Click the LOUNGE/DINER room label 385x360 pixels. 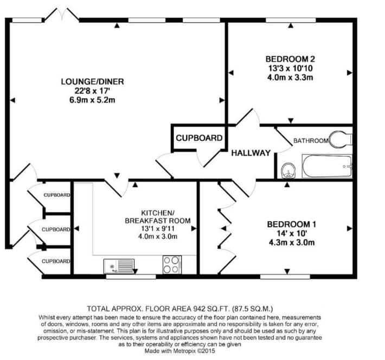click(x=92, y=81)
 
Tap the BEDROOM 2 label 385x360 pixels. click(x=290, y=59)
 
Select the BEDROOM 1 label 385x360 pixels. click(x=292, y=224)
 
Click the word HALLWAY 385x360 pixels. click(x=251, y=153)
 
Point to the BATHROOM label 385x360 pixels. click(x=311, y=141)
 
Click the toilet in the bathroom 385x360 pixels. click(x=341, y=139)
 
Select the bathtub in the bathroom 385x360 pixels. click(x=327, y=166)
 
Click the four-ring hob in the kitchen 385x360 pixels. click(x=172, y=265)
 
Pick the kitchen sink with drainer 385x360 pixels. click(x=119, y=266)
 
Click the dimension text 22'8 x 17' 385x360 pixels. click(x=92, y=91)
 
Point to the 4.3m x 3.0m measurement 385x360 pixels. click(x=292, y=242)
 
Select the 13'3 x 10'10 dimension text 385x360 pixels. click(x=290, y=68)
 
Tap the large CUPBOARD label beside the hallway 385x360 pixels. click(x=199, y=138)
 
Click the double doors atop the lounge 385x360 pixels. click(x=62, y=14)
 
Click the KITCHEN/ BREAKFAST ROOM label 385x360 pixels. click(x=158, y=216)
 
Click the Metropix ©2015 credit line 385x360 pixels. click(x=179, y=351)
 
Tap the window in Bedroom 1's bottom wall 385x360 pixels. click(x=285, y=277)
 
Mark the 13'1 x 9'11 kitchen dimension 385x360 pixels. click(x=158, y=229)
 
